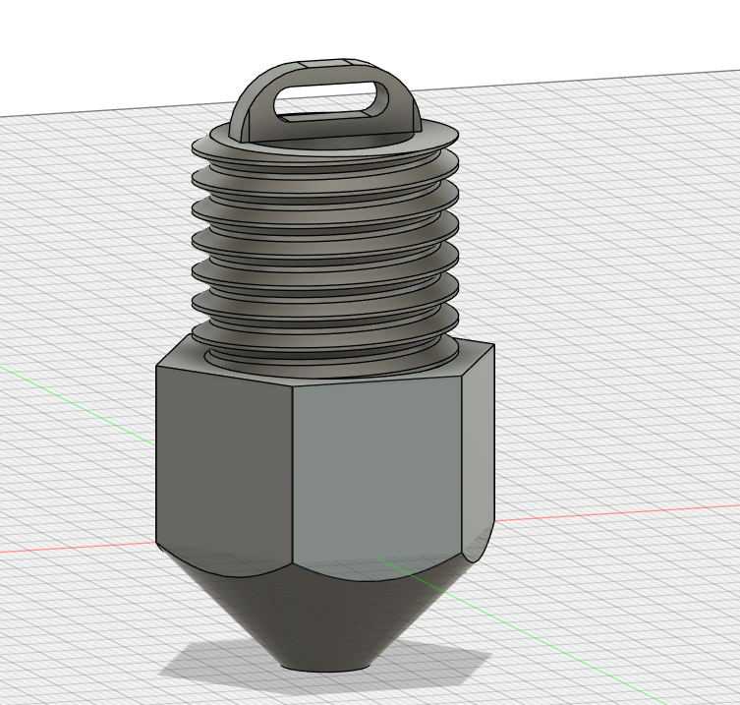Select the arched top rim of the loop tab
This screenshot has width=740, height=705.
[324, 65]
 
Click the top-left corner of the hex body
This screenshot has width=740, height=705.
[157, 367]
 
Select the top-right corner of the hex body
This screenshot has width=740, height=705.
[492, 345]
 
